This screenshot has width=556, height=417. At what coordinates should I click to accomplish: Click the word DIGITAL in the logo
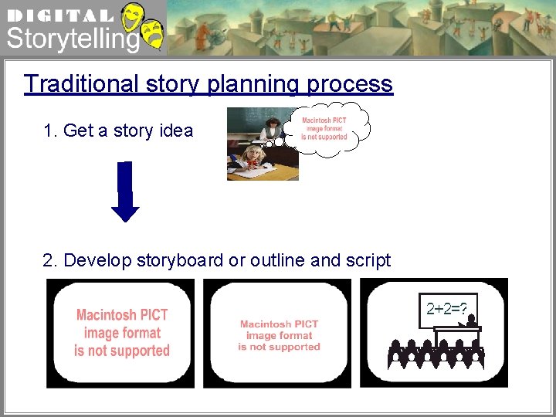59,15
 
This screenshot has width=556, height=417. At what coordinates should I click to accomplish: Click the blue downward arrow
125,192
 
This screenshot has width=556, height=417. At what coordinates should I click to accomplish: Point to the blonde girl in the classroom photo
252,158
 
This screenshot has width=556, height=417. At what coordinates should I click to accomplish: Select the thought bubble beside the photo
325,128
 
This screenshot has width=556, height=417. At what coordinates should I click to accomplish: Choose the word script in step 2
368,260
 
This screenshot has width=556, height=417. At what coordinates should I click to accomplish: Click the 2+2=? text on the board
447,310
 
